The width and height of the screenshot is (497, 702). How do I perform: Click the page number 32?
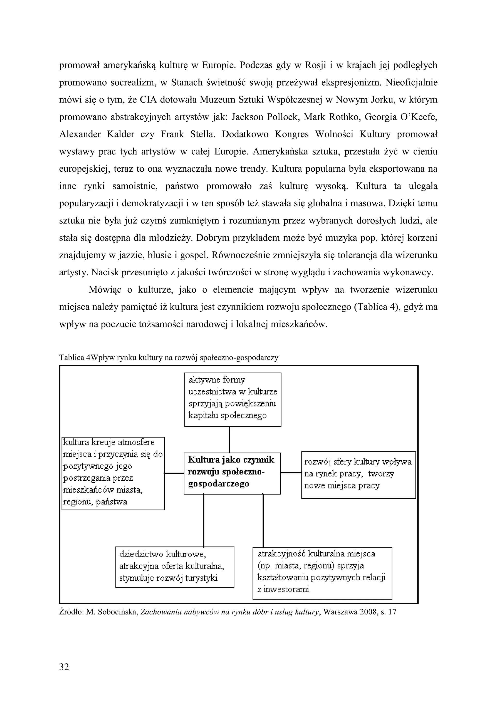(64, 667)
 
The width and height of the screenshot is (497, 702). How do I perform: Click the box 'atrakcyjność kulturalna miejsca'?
(322, 573)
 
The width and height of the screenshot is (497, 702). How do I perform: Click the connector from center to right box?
(291, 473)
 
